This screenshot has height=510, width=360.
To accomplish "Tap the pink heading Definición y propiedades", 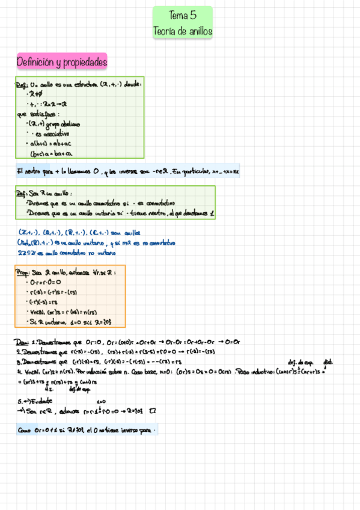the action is pyautogui.click(x=62, y=61).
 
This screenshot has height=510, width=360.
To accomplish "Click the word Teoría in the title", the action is pyautogui.click(x=167, y=31).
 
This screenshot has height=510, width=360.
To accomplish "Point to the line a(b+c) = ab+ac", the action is pyautogui.click(x=50, y=144).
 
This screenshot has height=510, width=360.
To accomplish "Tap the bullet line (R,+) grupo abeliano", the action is pyautogui.click(x=53, y=124).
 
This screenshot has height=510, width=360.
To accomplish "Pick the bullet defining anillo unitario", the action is pyautogui.click(x=120, y=214).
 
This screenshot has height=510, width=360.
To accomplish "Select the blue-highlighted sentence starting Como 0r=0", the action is pyautogui.click(x=87, y=430).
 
